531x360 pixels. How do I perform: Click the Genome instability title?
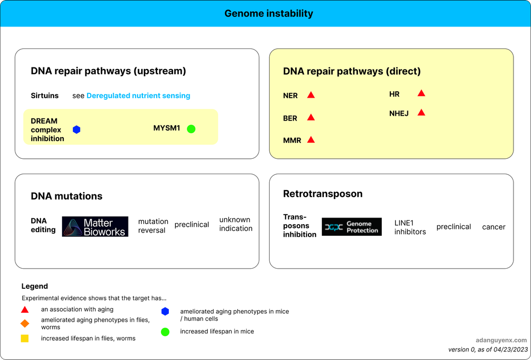tap(269, 13)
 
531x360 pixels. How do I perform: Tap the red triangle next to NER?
tap(311, 95)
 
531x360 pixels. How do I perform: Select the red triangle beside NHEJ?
tap(421, 113)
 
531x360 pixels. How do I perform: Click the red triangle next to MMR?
tap(311, 140)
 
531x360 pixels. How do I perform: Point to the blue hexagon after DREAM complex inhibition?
tap(76, 130)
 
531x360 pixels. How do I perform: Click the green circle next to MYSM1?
tap(191, 128)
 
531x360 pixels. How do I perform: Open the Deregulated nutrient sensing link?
tap(138, 96)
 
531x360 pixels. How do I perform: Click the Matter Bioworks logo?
tap(95, 226)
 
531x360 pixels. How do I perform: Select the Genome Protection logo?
tap(352, 227)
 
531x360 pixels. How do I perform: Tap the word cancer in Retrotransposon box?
tap(493, 227)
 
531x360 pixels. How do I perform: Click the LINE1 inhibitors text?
tap(410, 227)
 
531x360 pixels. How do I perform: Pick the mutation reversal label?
tap(153, 226)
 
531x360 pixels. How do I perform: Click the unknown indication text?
tap(236, 224)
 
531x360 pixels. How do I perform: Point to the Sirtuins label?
tap(45, 96)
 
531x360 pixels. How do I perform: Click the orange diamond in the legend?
tap(24, 323)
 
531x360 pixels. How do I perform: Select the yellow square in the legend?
tap(24, 338)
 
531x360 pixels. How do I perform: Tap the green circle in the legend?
tap(165, 332)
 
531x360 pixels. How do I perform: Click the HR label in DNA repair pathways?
tap(394, 94)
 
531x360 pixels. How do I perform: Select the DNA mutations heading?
tap(66, 196)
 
